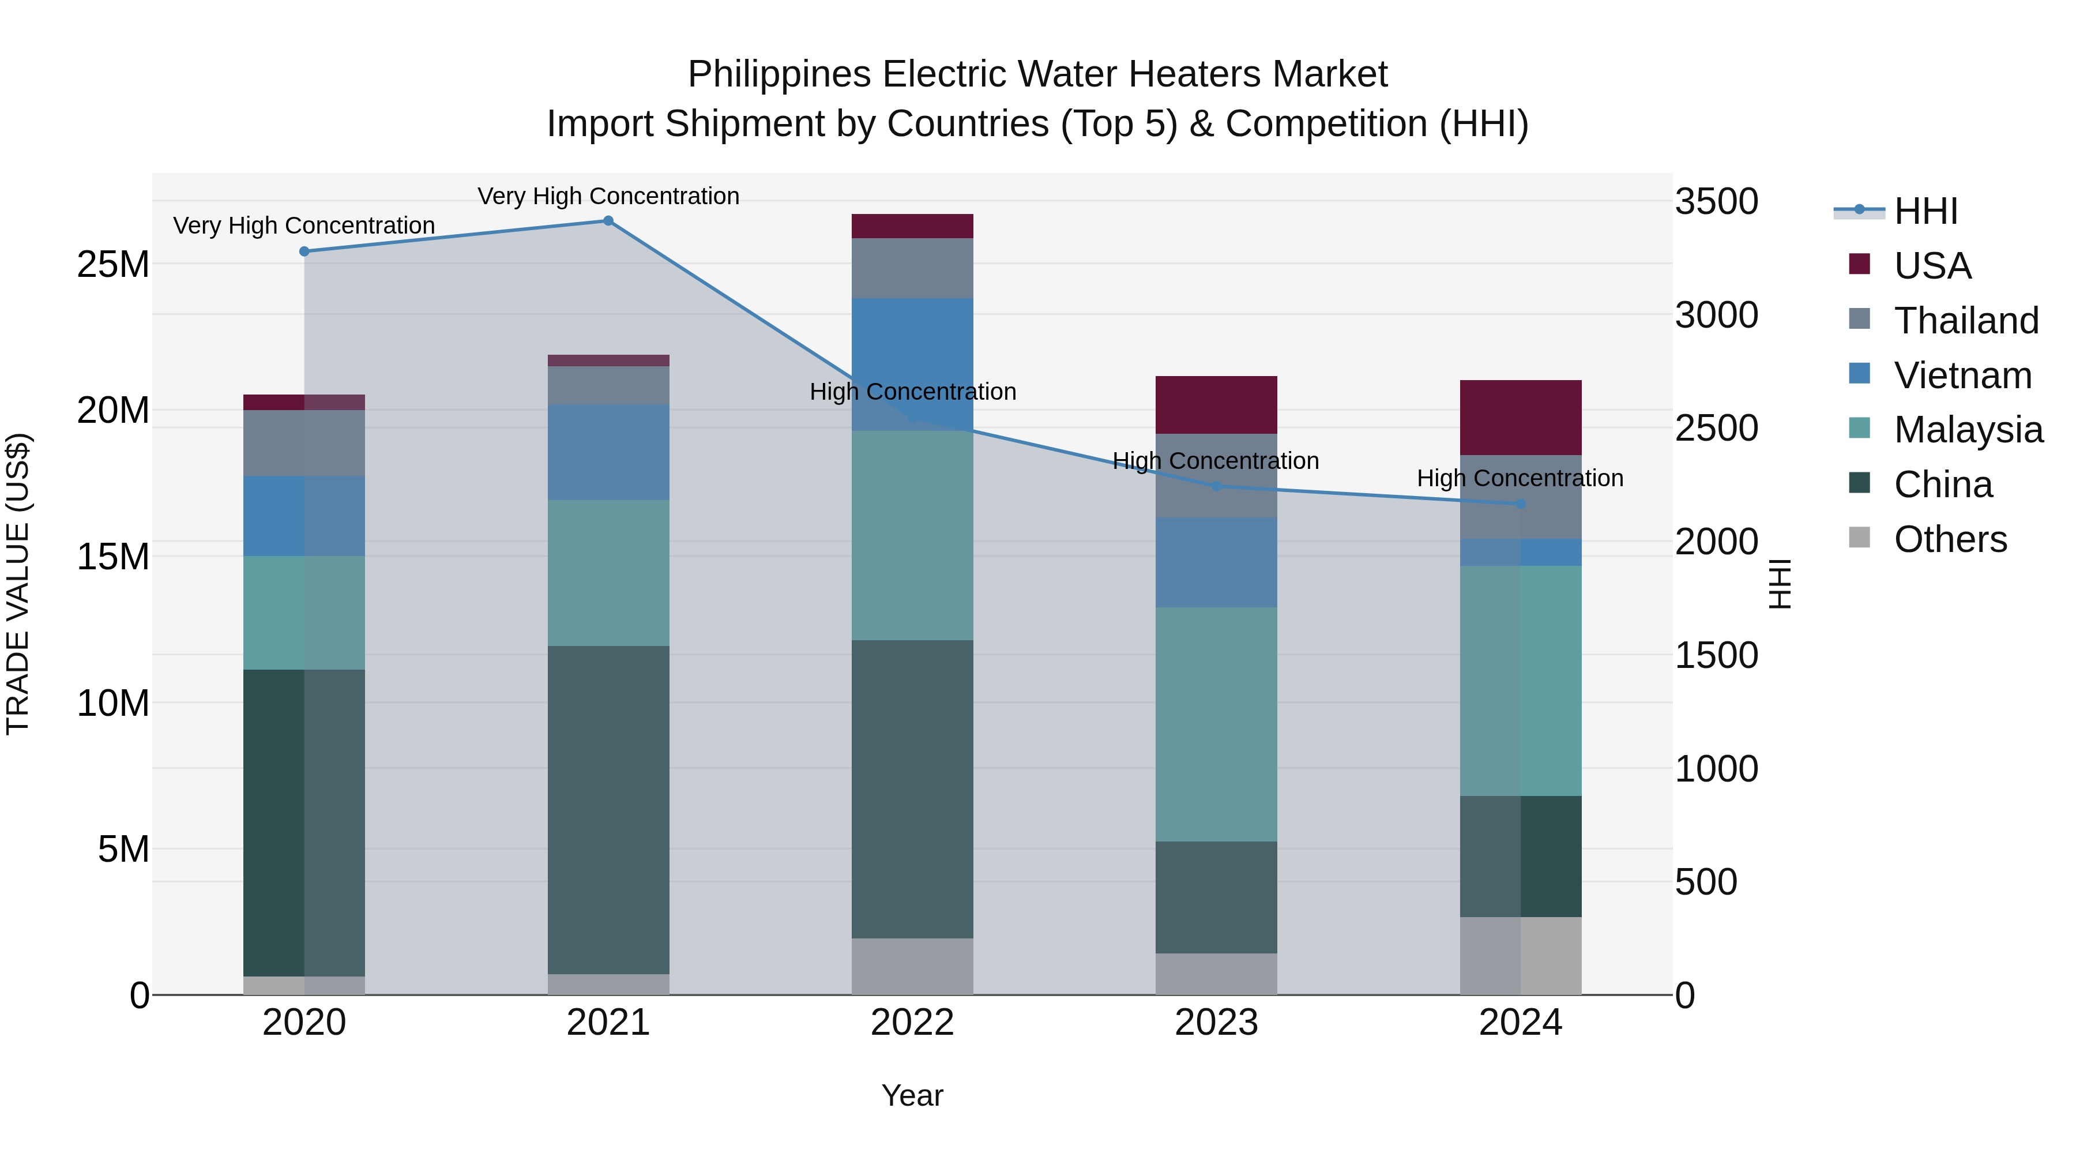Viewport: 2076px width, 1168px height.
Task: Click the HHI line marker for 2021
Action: [x=608, y=221]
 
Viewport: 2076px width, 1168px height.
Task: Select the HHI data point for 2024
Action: [x=1521, y=504]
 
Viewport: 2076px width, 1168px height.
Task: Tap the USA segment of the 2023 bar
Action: [x=1216, y=405]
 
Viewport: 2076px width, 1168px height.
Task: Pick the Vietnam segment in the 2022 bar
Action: [x=912, y=365]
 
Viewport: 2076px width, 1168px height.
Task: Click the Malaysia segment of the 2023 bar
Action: [x=1216, y=724]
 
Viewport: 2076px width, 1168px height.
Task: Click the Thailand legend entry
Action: [x=1966, y=320]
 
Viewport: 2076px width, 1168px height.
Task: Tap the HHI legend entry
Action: [x=1925, y=211]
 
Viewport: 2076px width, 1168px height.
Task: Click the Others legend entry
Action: [x=1950, y=539]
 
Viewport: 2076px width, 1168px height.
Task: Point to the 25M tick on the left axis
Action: [x=113, y=264]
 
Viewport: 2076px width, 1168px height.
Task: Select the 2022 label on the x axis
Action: [x=912, y=1023]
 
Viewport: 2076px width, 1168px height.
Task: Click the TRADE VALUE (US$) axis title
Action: [x=18, y=584]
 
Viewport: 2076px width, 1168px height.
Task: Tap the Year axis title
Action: [x=912, y=1095]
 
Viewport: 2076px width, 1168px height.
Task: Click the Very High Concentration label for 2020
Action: [x=304, y=226]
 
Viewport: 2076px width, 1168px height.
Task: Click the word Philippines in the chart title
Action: [x=779, y=74]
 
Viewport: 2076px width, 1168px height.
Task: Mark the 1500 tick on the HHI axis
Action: [x=1717, y=655]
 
